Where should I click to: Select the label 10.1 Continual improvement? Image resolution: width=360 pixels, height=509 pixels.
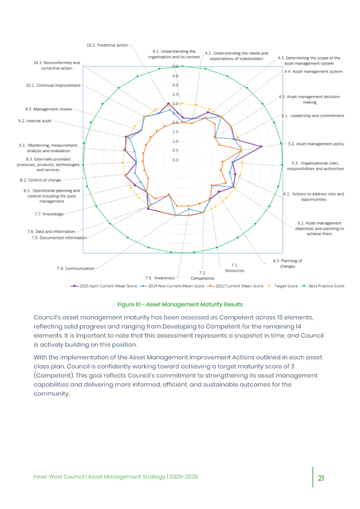53,85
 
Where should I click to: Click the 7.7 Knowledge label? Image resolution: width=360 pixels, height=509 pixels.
49,213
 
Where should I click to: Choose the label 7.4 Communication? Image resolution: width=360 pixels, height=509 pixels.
76,268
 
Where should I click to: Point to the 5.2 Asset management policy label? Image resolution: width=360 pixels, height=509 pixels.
316,144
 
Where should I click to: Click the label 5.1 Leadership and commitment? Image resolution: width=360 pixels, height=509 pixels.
312,116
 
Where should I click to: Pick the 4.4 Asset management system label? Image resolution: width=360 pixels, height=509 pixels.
313,72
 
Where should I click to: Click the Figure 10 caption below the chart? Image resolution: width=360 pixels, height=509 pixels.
180,304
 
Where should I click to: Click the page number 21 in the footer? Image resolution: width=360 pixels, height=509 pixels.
321,477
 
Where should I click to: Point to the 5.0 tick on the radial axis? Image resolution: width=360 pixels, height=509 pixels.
175,67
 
